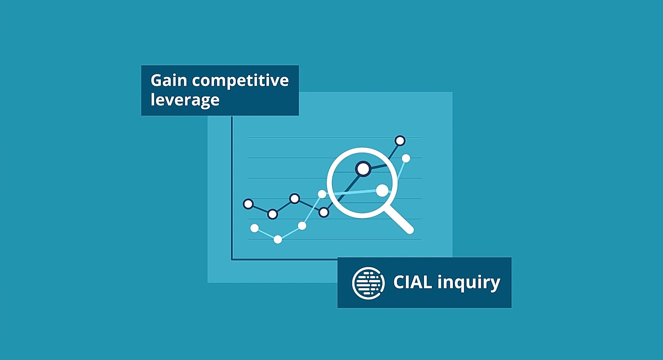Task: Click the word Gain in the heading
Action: [x=168, y=80]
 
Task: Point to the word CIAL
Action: [x=412, y=282]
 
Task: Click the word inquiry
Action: [x=469, y=283]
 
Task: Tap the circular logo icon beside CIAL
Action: [x=368, y=283]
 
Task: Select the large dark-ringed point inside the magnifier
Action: [x=363, y=169]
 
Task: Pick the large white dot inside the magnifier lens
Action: [x=382, y=191]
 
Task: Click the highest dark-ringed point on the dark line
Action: [x=400, y=141]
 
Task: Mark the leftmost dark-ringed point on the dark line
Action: [x=248, y=204]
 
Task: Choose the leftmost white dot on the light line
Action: [x=255, y=228]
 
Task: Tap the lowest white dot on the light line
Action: [x=278, y=239]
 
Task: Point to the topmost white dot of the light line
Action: [x=406, y=158]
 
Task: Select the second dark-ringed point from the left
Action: [x=273, y=214]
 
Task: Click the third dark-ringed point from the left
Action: [x=295, y=199]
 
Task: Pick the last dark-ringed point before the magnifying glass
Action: [x=324, y=213]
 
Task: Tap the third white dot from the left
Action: [x=302, y=226]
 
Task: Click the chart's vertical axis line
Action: [x=232, y=188]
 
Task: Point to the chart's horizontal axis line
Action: [x=284, y=259]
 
